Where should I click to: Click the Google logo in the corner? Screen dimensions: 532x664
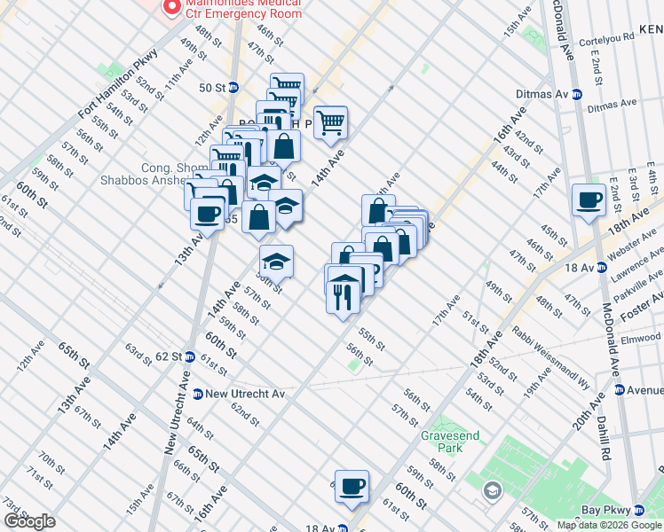coord(29,521)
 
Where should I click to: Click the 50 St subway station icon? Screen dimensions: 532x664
coord(233,88)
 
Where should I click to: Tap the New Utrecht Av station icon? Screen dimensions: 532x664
coord(198,394)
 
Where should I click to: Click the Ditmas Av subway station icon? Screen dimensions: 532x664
coord(576,95)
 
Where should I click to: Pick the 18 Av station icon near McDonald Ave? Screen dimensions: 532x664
coord(597,267)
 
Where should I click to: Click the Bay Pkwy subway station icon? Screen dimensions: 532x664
coord(638,510)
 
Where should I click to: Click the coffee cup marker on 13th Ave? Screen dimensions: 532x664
coord(208,214)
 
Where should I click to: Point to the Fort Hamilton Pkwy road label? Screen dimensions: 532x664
coord(117,84)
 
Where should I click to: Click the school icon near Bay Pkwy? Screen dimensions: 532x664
coord(492,490)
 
